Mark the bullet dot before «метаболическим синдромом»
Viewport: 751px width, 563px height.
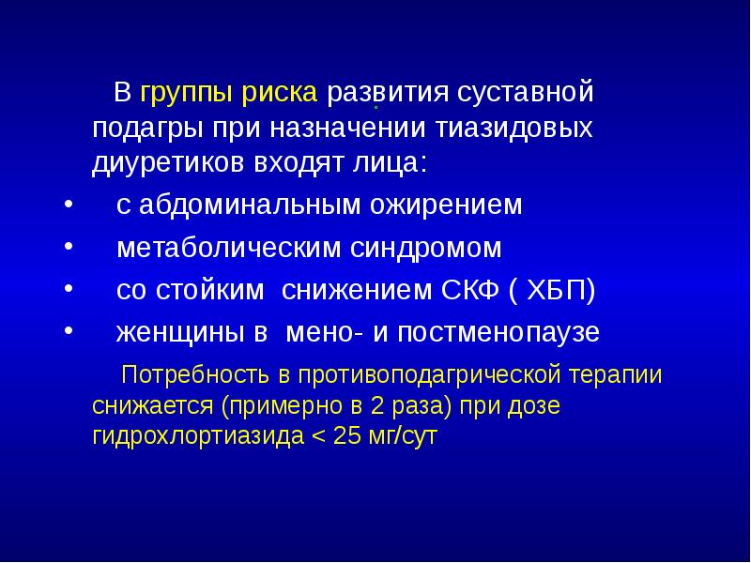(x=69, y=247)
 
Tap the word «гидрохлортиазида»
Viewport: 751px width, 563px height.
(x=194, y=437)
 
